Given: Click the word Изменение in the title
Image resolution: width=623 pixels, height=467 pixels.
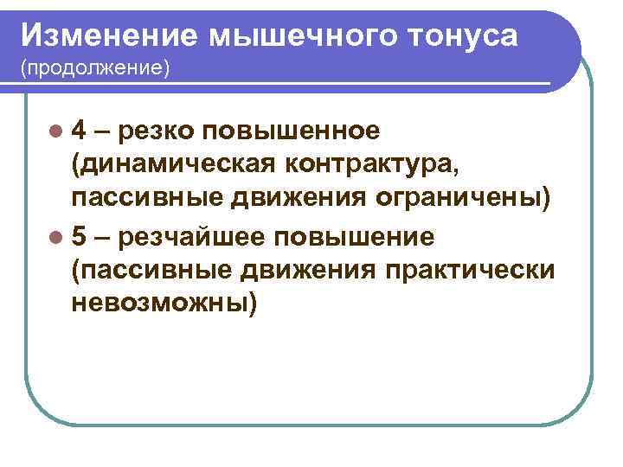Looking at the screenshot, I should click(108, 35).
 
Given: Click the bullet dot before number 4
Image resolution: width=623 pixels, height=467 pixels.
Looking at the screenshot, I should click(56, 131).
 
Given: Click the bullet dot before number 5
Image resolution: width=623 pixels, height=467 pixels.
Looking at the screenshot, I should click(56, 237).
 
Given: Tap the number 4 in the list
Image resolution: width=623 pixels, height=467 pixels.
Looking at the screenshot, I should click(79, 131).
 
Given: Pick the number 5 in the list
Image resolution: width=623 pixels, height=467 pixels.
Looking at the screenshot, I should click(79, 236).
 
